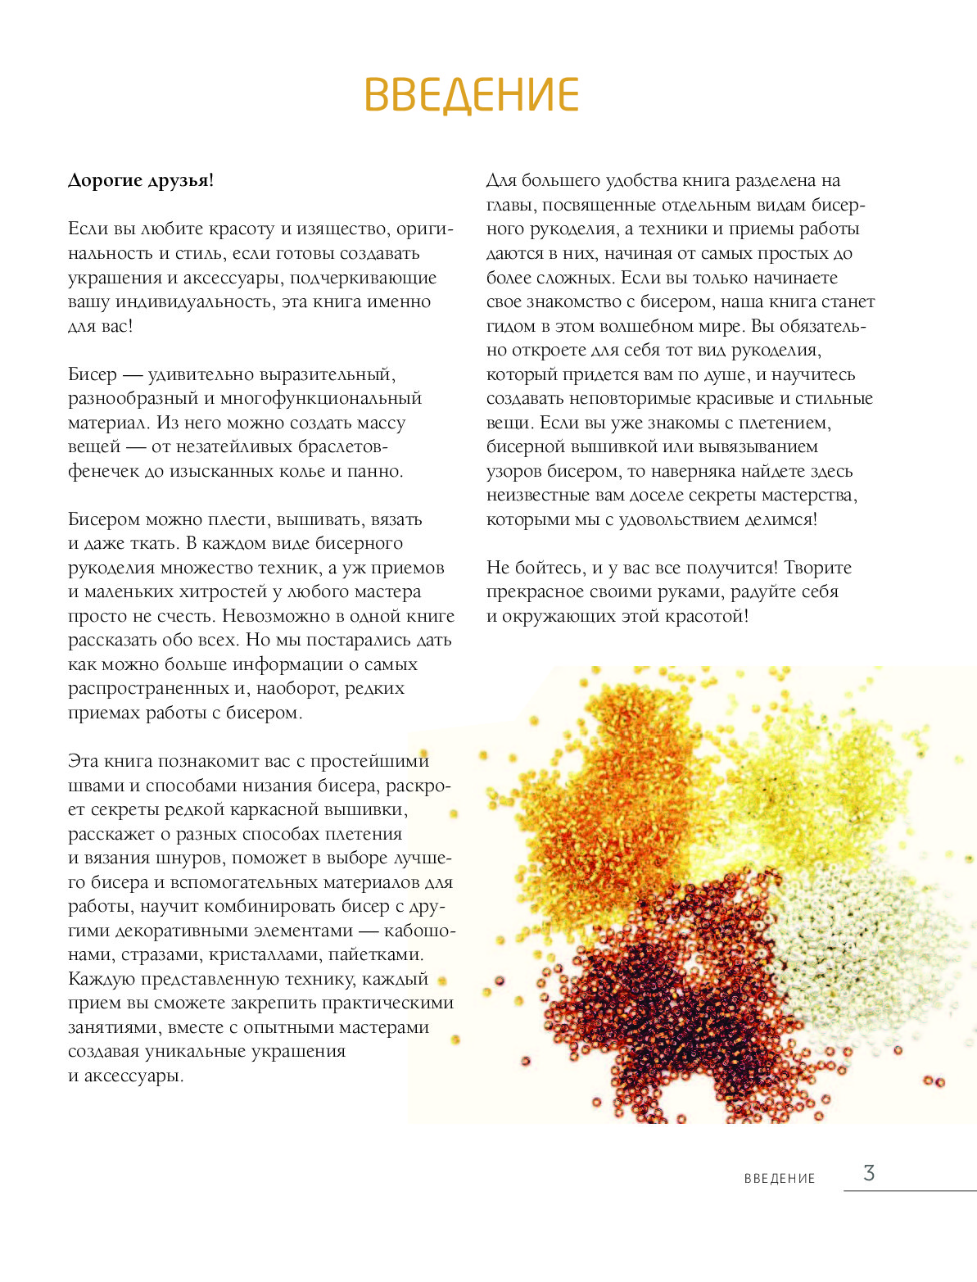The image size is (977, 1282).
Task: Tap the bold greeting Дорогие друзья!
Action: coord(140,180)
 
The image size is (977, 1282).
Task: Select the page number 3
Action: coord(869,1173)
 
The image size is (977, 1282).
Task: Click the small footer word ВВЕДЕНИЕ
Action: coord(780,1179)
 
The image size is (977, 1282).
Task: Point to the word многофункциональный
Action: coord(321,399)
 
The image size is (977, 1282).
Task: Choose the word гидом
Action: coord(509,326)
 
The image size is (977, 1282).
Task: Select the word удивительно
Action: coord(201,375)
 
